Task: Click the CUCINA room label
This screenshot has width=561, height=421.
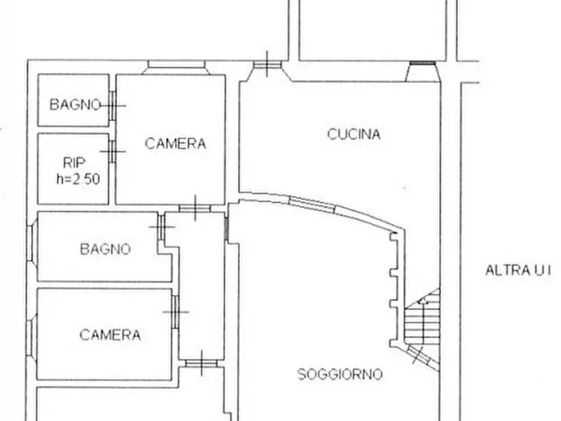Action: coord(354,134)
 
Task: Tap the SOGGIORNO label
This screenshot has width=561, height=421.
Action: coord(339,375)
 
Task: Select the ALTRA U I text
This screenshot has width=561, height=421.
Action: coord(517,270)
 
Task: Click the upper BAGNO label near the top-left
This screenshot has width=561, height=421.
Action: coord(75,104)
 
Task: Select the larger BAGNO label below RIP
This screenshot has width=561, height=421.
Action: coord(106,249)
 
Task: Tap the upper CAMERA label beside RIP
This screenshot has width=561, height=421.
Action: coord(175,143)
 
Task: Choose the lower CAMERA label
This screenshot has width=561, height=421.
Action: coord(110,334)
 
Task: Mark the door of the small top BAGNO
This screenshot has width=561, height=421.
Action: coord(113,105)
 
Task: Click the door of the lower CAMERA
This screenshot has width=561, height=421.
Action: coord(175,312)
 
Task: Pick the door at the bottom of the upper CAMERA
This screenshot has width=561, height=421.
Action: coord(195,208)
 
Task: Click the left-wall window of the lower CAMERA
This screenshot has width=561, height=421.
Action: coord(31,332)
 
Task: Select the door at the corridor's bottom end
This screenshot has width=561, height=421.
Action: coord(201,362)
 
